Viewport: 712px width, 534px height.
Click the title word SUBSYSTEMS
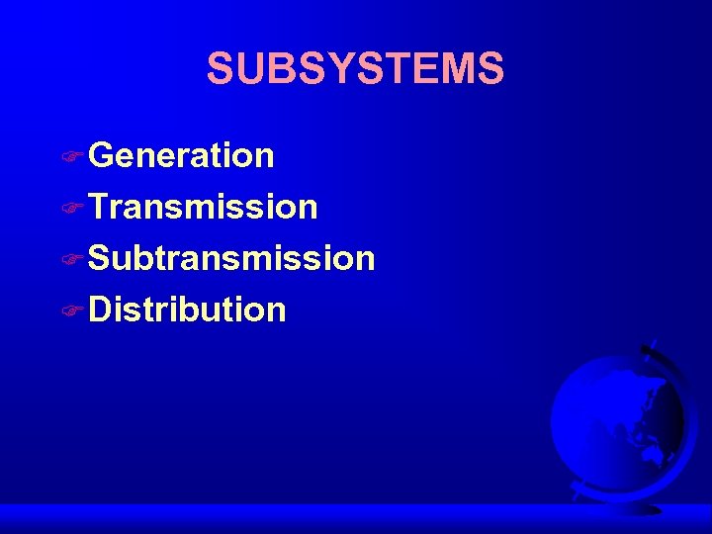pyautogui.click(x=355, y=69)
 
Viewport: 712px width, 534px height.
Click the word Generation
pyautogui.click(x=181, y=155)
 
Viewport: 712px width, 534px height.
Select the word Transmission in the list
pyautogui.click(x=203, y=207)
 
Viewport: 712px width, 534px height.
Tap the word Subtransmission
pyautogui.click(x=231, y=258)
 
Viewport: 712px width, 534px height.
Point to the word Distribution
pyautogui.click(x=187, y=310)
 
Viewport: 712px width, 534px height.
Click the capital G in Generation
pyautogui.click(x=102, y=155)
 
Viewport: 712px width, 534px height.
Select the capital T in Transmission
pyautogui.click(x=99, y=207)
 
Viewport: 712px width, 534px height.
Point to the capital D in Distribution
pyautogui.click(x=102, y=310)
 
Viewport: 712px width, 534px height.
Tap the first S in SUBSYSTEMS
pyautogui.click(x=220, y=69)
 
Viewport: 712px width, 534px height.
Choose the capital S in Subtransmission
pyautogui.click(x=101, y=258)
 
